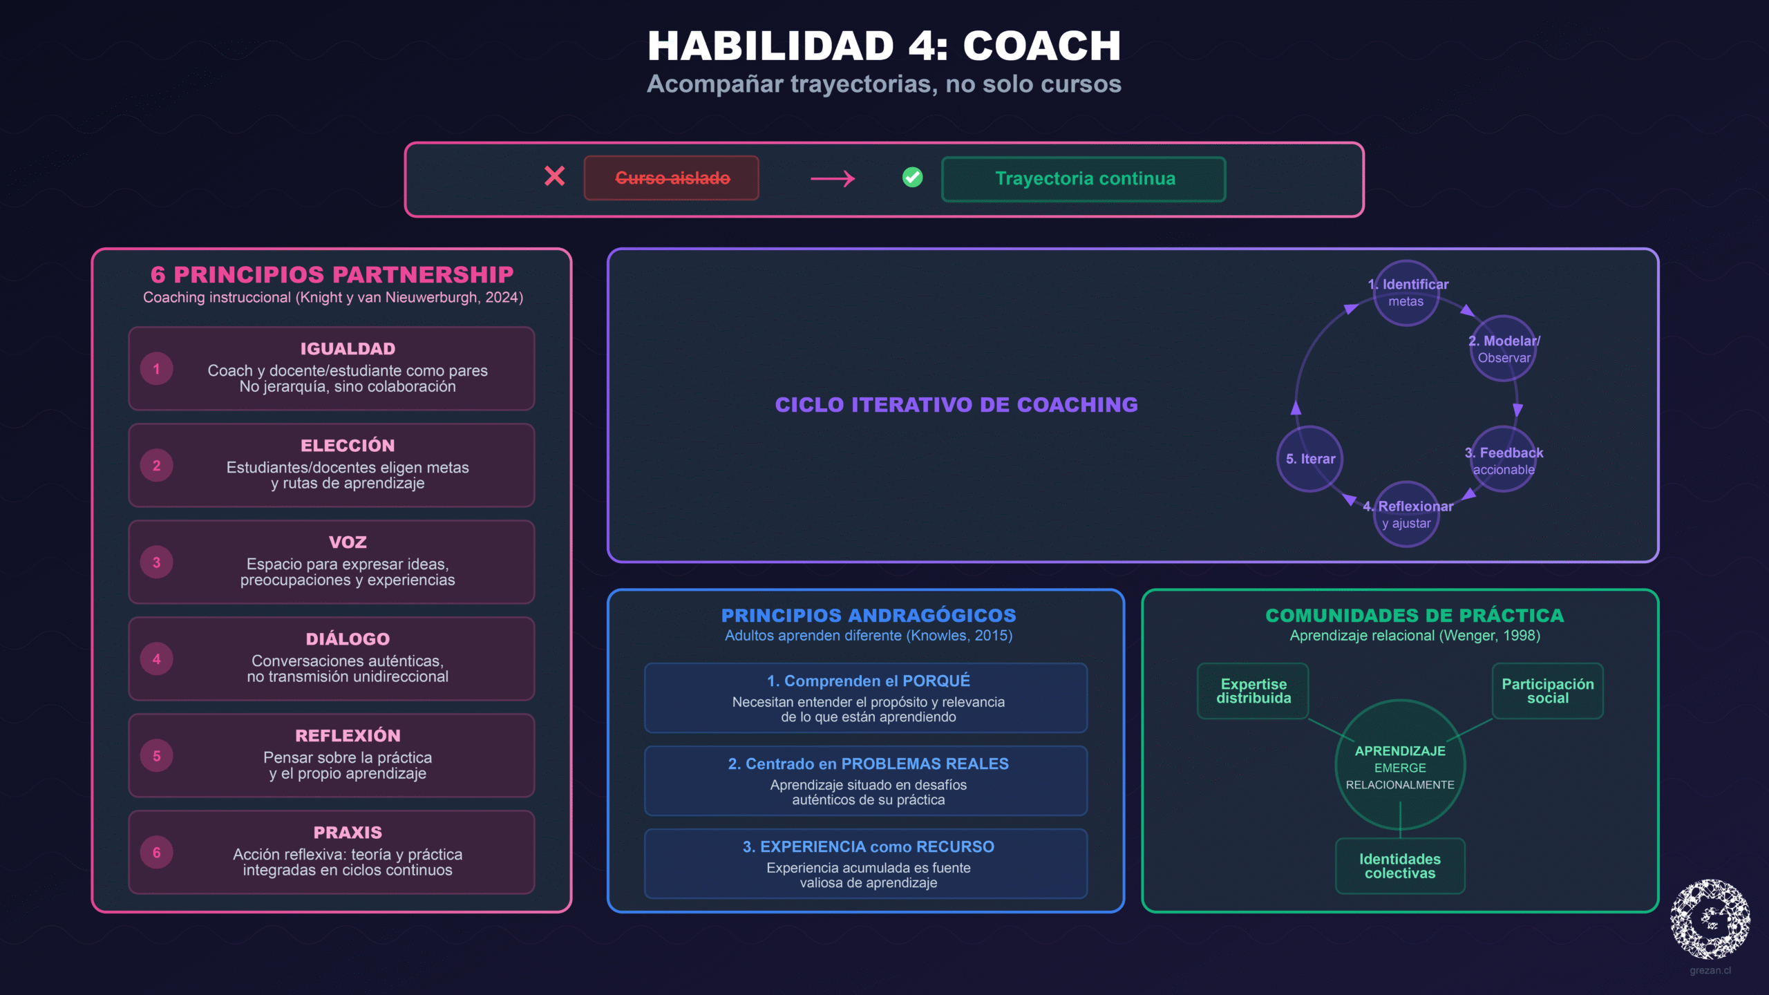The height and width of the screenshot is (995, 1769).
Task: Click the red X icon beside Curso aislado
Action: [x=554, y=177]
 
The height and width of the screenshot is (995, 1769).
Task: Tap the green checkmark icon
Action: [x=912, y=178]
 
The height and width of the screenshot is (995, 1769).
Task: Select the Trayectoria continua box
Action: [x=1084, y=179]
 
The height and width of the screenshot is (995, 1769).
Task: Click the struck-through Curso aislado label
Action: [x=672, y=178]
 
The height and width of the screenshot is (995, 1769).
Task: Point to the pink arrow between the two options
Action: [x=833, y=179]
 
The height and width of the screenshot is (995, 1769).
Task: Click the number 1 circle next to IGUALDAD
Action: [x=157, y=369]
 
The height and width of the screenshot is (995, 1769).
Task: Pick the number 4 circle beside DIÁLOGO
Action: [x=157, y=659]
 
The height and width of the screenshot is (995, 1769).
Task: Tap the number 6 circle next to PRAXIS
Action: [x=157, y=853]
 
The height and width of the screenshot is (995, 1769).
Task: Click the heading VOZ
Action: [x=348, y=542]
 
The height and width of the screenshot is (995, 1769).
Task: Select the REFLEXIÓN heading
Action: [x=348, y=736]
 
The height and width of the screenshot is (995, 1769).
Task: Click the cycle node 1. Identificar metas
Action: [x=1406, y=293]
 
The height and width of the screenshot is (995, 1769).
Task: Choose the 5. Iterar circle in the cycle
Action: [x=1310, y=459]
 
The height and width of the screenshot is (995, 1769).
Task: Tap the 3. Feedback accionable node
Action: [x=1503, y=459]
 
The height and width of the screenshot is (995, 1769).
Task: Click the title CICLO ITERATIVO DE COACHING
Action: [x=956, y=405]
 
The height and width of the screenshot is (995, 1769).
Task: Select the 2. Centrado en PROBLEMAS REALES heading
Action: [x=868, y=764]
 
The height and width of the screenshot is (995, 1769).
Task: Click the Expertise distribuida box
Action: [x=1253, y=691]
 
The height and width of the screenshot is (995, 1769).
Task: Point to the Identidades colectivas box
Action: [x=1400, y=866]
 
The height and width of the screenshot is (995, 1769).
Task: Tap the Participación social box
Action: [x=1547, y=691]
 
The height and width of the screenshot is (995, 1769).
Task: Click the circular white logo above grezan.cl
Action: [x=1710, y=919]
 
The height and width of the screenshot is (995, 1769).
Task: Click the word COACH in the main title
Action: [x=1041, y=46]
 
